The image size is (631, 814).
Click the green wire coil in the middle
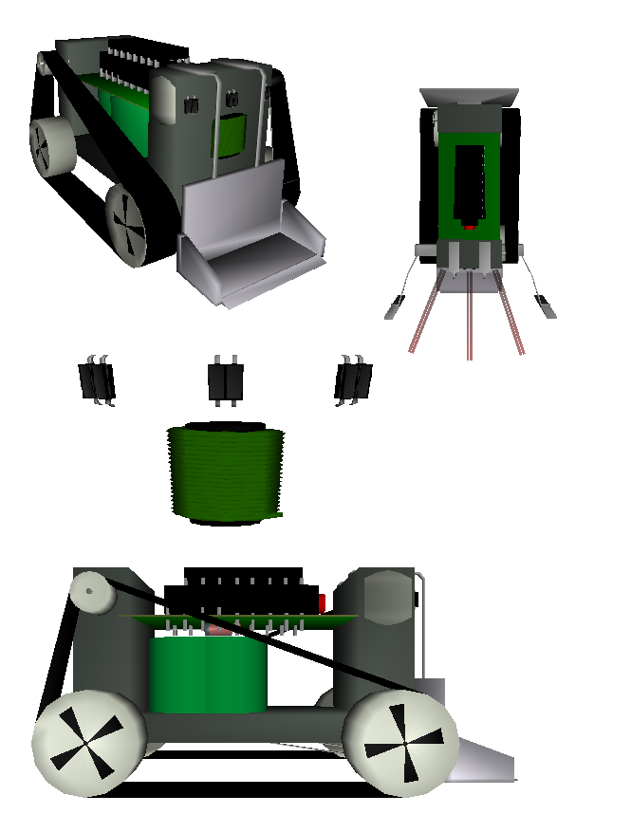(226, 473)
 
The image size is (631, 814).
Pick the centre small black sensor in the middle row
(226, 381)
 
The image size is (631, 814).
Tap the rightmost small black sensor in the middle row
(353, 380)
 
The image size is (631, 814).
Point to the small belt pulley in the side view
(91, 593)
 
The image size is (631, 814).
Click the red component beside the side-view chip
(323, 601)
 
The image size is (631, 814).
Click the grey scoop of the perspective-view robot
(251, 251)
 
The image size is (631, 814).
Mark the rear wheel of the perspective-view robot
(51, 146)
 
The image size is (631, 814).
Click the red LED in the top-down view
(470, 228)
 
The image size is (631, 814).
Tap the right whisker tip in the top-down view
(547, 305)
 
